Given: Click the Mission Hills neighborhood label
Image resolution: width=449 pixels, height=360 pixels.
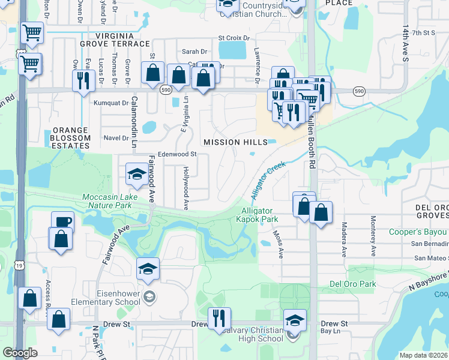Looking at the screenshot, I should click(x=235, y=142).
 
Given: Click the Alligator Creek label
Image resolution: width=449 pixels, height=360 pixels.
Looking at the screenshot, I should click(x=267, y=178).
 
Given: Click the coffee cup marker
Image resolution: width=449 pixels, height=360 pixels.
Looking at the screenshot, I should click(x=63, y=221).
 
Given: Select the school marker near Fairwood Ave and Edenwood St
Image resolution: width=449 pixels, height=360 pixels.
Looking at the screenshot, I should click(x=136, y=175).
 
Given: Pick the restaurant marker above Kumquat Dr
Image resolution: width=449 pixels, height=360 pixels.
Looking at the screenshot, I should click(x=81, y=80).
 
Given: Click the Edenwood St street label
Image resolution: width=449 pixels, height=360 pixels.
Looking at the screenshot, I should click(x=177, y=154).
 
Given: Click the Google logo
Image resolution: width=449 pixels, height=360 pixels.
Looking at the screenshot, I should click(x=19, y=353).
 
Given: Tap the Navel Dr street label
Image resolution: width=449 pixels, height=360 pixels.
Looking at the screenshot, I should click(x=116, y=138).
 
